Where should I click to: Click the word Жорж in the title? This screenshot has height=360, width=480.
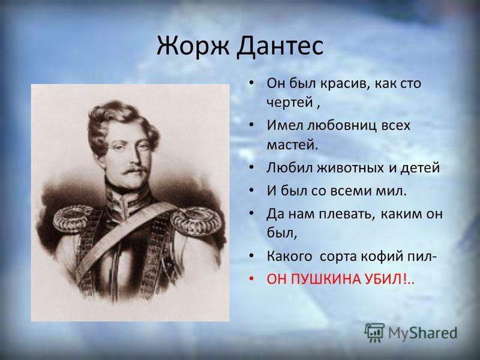point(193,46)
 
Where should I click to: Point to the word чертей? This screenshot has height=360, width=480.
point(290,102)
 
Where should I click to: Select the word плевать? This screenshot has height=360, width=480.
point(347,214)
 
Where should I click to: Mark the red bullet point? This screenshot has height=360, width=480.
point(251,279)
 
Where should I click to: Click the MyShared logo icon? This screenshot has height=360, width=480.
point(374,332)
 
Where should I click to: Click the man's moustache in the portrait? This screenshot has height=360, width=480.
point(134,169)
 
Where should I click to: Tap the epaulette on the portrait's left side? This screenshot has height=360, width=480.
point(73,218)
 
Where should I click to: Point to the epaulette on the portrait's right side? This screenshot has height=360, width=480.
point(196,220)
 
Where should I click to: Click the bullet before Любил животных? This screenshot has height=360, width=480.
point(251,168)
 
